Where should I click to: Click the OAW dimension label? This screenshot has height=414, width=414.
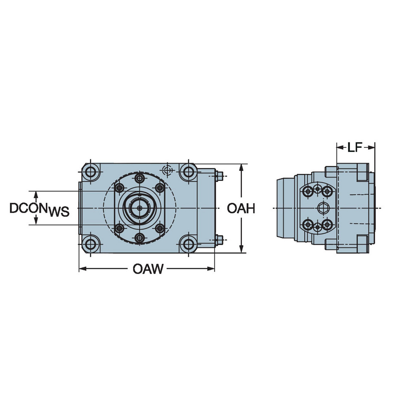pyautogui.click(x=148, y=270)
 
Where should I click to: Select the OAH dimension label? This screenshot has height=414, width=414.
pyautogui.click(x=241, y=209)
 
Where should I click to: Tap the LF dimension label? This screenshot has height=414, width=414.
pyautogui.click(x=355, y=147)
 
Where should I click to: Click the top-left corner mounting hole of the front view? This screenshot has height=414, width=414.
pyautogui.click(x=90, y=171)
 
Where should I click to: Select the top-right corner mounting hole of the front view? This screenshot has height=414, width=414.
pyautogui.click(x=188, y=171)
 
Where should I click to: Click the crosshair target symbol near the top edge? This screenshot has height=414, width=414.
pyautogui.click(x=167, y=170)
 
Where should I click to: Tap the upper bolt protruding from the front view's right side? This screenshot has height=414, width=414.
pyautogui.click(x=220, y=176)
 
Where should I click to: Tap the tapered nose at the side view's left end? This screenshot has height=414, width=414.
pyautogui.click(x=284, y=207)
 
